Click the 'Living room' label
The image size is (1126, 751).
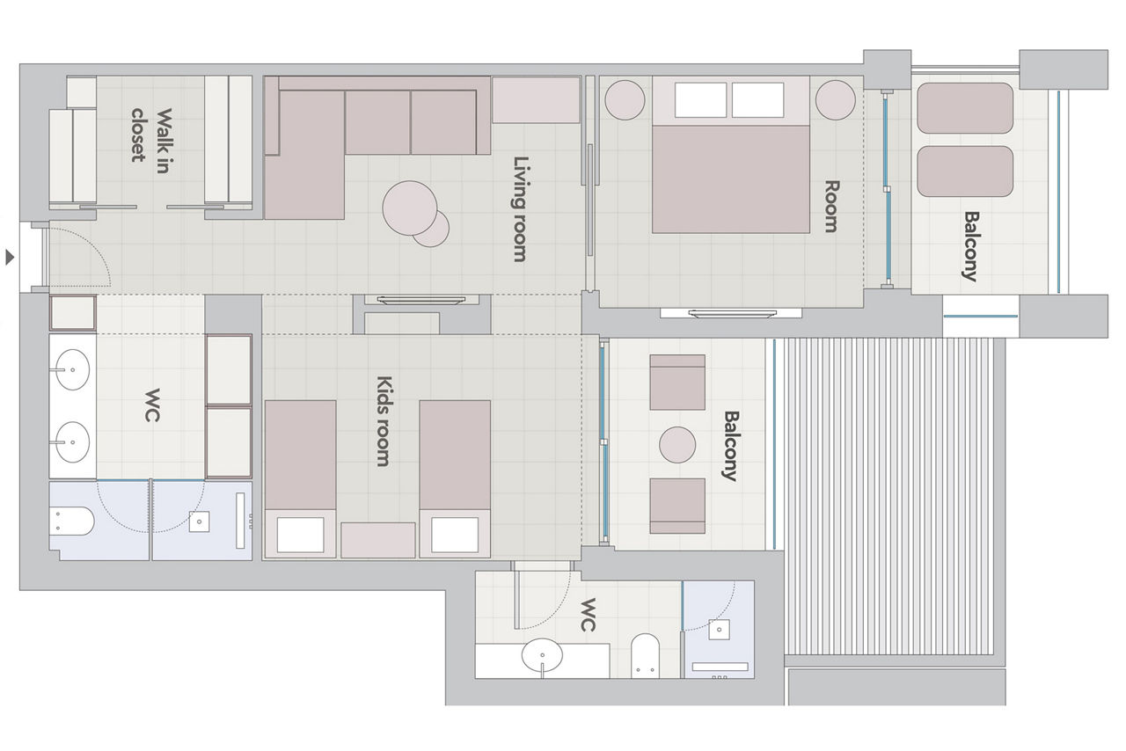click(x=520, y=209)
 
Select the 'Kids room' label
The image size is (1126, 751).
click(x=384, y=420)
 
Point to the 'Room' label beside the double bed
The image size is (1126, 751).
click(x=832, y=206)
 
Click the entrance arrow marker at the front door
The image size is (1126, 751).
click(x=10, y=258)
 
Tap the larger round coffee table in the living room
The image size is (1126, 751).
click(x=410, y=208)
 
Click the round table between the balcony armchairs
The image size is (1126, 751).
click(x=677, y=445)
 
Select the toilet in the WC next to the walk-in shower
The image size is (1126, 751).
click(x=72, y=521)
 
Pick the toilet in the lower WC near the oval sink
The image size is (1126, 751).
click(x=645, y=655)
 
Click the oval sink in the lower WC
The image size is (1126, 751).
click(x=542, y=655)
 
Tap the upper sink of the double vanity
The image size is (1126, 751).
click(x=72, y=369)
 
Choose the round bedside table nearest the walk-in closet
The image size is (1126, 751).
click(x=625, y=100)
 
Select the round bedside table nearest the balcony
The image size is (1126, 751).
click(x=835, y=100)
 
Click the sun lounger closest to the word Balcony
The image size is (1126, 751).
click(x=965, y=171)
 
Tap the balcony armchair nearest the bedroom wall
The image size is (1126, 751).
click(x=677, y=382)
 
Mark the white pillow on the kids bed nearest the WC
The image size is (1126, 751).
click(x=300, y=535)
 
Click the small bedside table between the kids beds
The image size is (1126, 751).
click(x=378, y=540)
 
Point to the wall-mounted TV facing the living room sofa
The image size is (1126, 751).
click(x=421, y=300)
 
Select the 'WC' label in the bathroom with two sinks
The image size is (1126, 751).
click(x=152, y=405)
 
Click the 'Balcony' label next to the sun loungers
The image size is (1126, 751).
click(x=970, y=246)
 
